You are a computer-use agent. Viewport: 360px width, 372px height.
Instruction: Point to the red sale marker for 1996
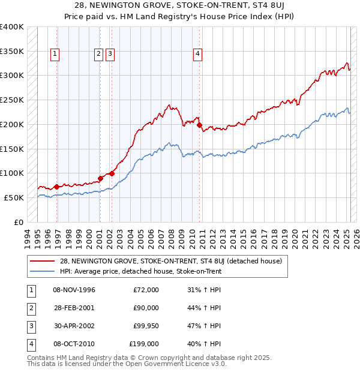pyautogui.click(x=56, y=187)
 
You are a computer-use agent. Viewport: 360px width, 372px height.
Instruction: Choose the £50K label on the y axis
pyautogui.click(x=14, y=197)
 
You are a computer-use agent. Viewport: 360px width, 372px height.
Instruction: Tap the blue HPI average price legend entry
pyautogui.click(x=140, y=271)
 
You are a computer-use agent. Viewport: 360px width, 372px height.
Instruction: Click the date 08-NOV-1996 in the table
pyautogui.click(x=74, y=290)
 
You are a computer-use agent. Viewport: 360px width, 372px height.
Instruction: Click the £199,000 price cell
pyautogui.click(x=144, y=344)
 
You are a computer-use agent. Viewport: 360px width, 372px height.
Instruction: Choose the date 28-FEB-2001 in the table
pyautogui.click(x=74, y=308)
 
